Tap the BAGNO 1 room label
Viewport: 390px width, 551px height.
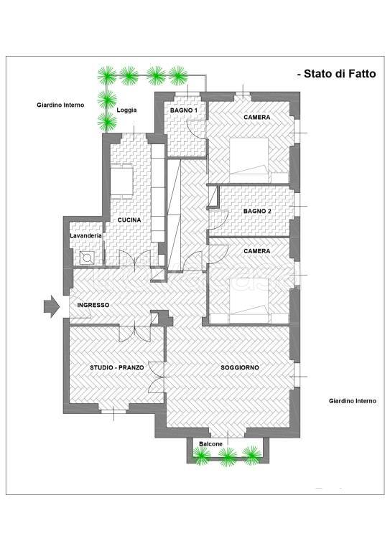point(184,110)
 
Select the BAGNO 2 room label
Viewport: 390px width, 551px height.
point(257,211)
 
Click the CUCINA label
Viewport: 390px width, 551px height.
point(129,220)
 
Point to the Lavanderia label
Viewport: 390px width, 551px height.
point(85,235)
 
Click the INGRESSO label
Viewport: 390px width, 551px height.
point(93,305)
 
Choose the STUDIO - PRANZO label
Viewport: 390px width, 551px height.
point(117,367)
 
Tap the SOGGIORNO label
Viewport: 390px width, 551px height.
point(240,367)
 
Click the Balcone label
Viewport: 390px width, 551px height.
point(210,444)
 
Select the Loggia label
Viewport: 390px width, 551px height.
point(126,110)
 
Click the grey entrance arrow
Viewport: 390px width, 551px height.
point(52,306)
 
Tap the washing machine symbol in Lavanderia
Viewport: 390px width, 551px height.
point(87,258)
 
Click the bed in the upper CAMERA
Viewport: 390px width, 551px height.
point(249,156)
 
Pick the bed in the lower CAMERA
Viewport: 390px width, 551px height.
point(249,301)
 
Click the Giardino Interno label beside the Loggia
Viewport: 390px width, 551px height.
point(60,105)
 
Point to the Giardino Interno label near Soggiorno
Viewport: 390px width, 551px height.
point(353,400)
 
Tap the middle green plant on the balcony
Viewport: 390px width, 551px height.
point(227,456)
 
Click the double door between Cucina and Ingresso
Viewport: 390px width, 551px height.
point(135,259)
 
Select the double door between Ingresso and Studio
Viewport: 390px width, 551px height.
point(135,334)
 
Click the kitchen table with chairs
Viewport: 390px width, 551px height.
point(121,182)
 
